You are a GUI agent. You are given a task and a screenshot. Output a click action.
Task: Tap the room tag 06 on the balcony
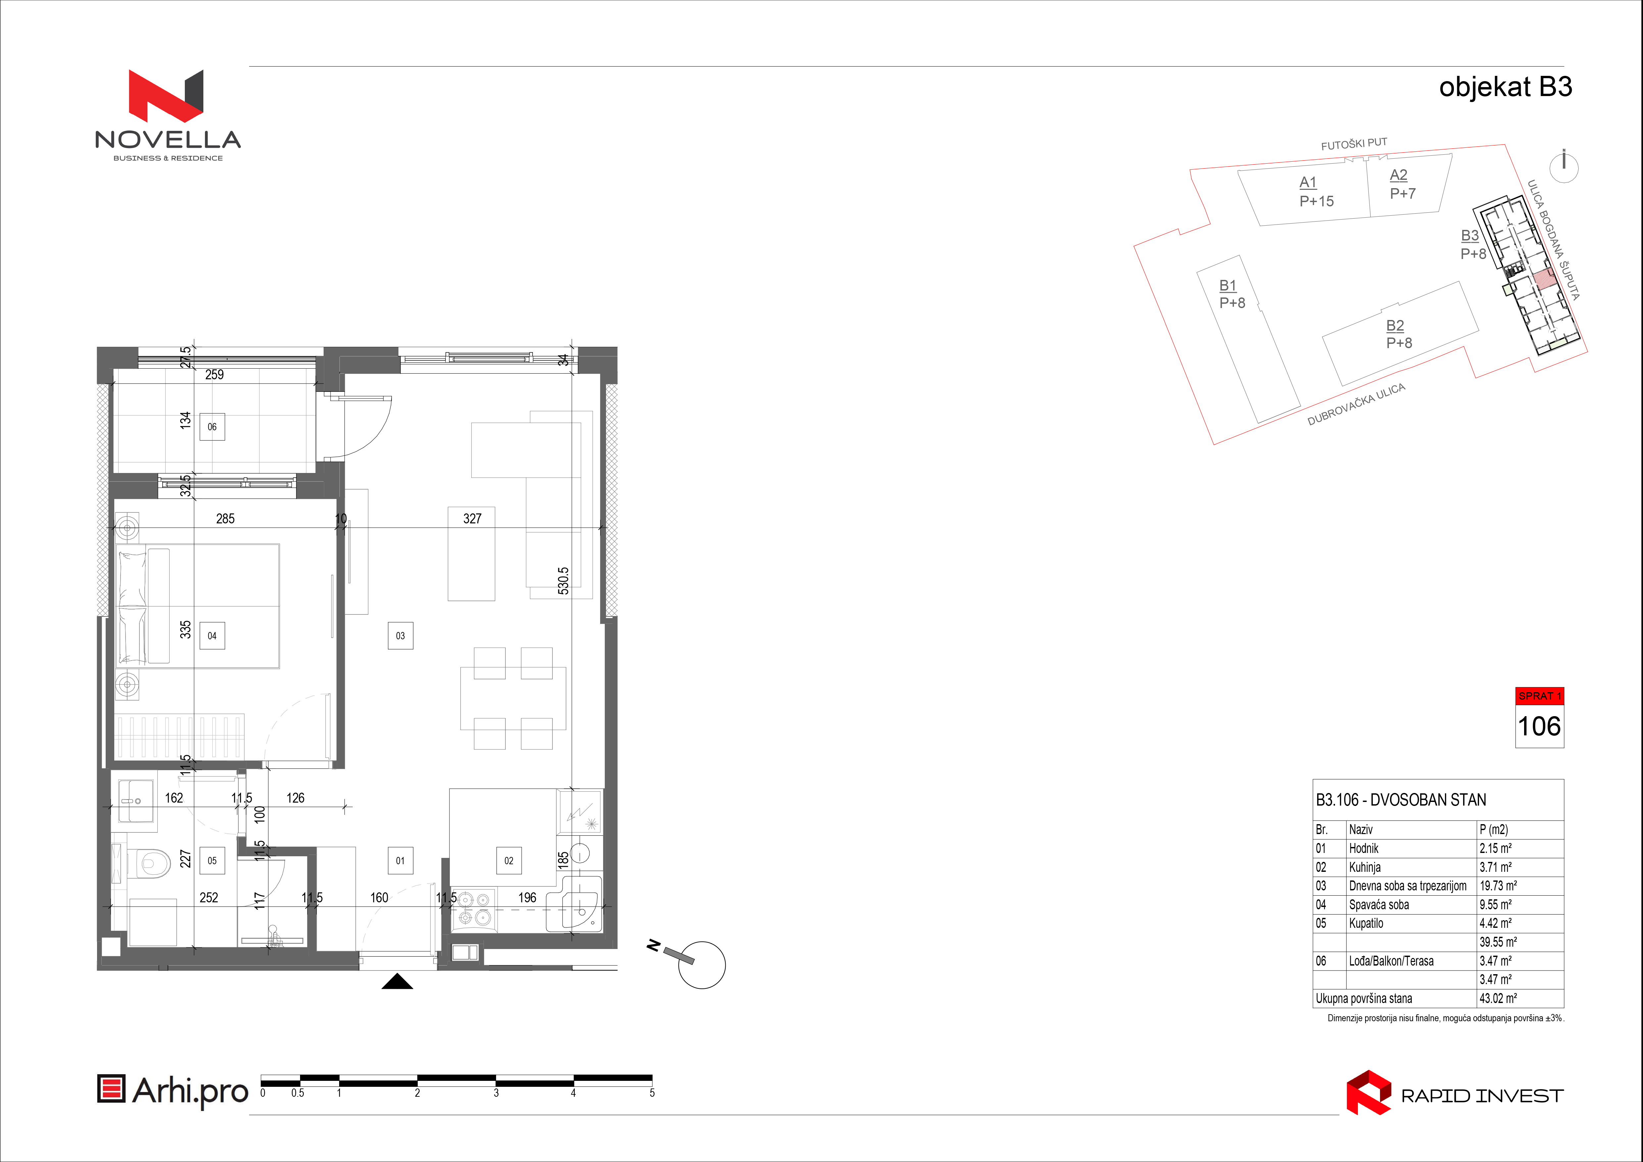pyautogui.click(x=212, y=427)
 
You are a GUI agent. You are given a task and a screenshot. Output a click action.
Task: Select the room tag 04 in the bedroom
pyautogui.click(x=212, y=635)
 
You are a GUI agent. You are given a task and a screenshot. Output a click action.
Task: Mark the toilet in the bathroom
pyautogui.click(x=149, y=862)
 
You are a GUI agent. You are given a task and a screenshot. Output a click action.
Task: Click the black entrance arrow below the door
pyautogui.click(x=397, y=982)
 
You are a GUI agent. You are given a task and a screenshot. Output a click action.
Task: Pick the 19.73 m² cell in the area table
pyautogui.click(x=1499, y=886)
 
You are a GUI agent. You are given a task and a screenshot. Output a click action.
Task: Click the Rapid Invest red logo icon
pyautogui.click(x=1368, y=1092)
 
